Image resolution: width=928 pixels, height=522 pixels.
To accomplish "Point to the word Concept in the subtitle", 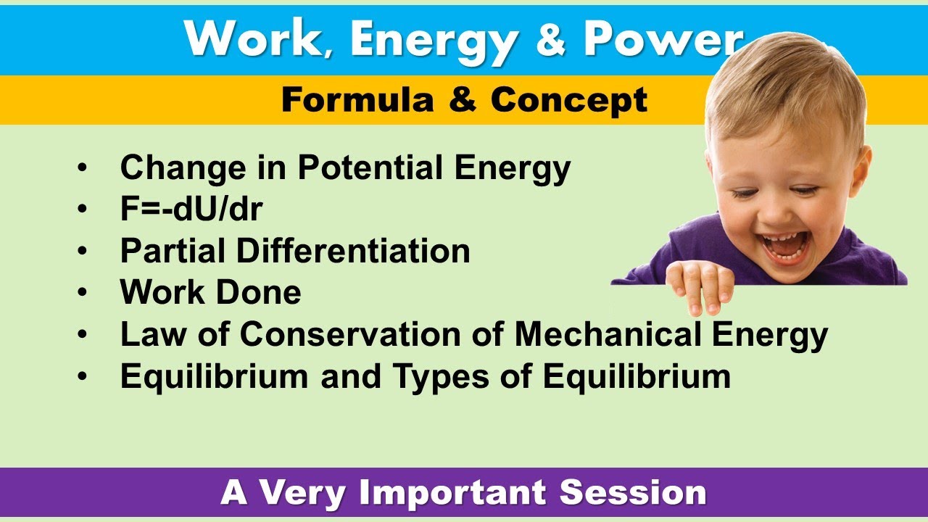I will click(568, 100).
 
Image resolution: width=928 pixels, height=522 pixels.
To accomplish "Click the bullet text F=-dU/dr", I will click(191, 210).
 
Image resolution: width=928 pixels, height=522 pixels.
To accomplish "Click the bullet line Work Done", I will click(210, 292).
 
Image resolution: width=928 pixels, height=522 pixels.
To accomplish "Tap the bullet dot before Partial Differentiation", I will click(83, 252).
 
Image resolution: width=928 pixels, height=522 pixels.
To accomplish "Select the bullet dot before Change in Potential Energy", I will click(83, 169).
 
